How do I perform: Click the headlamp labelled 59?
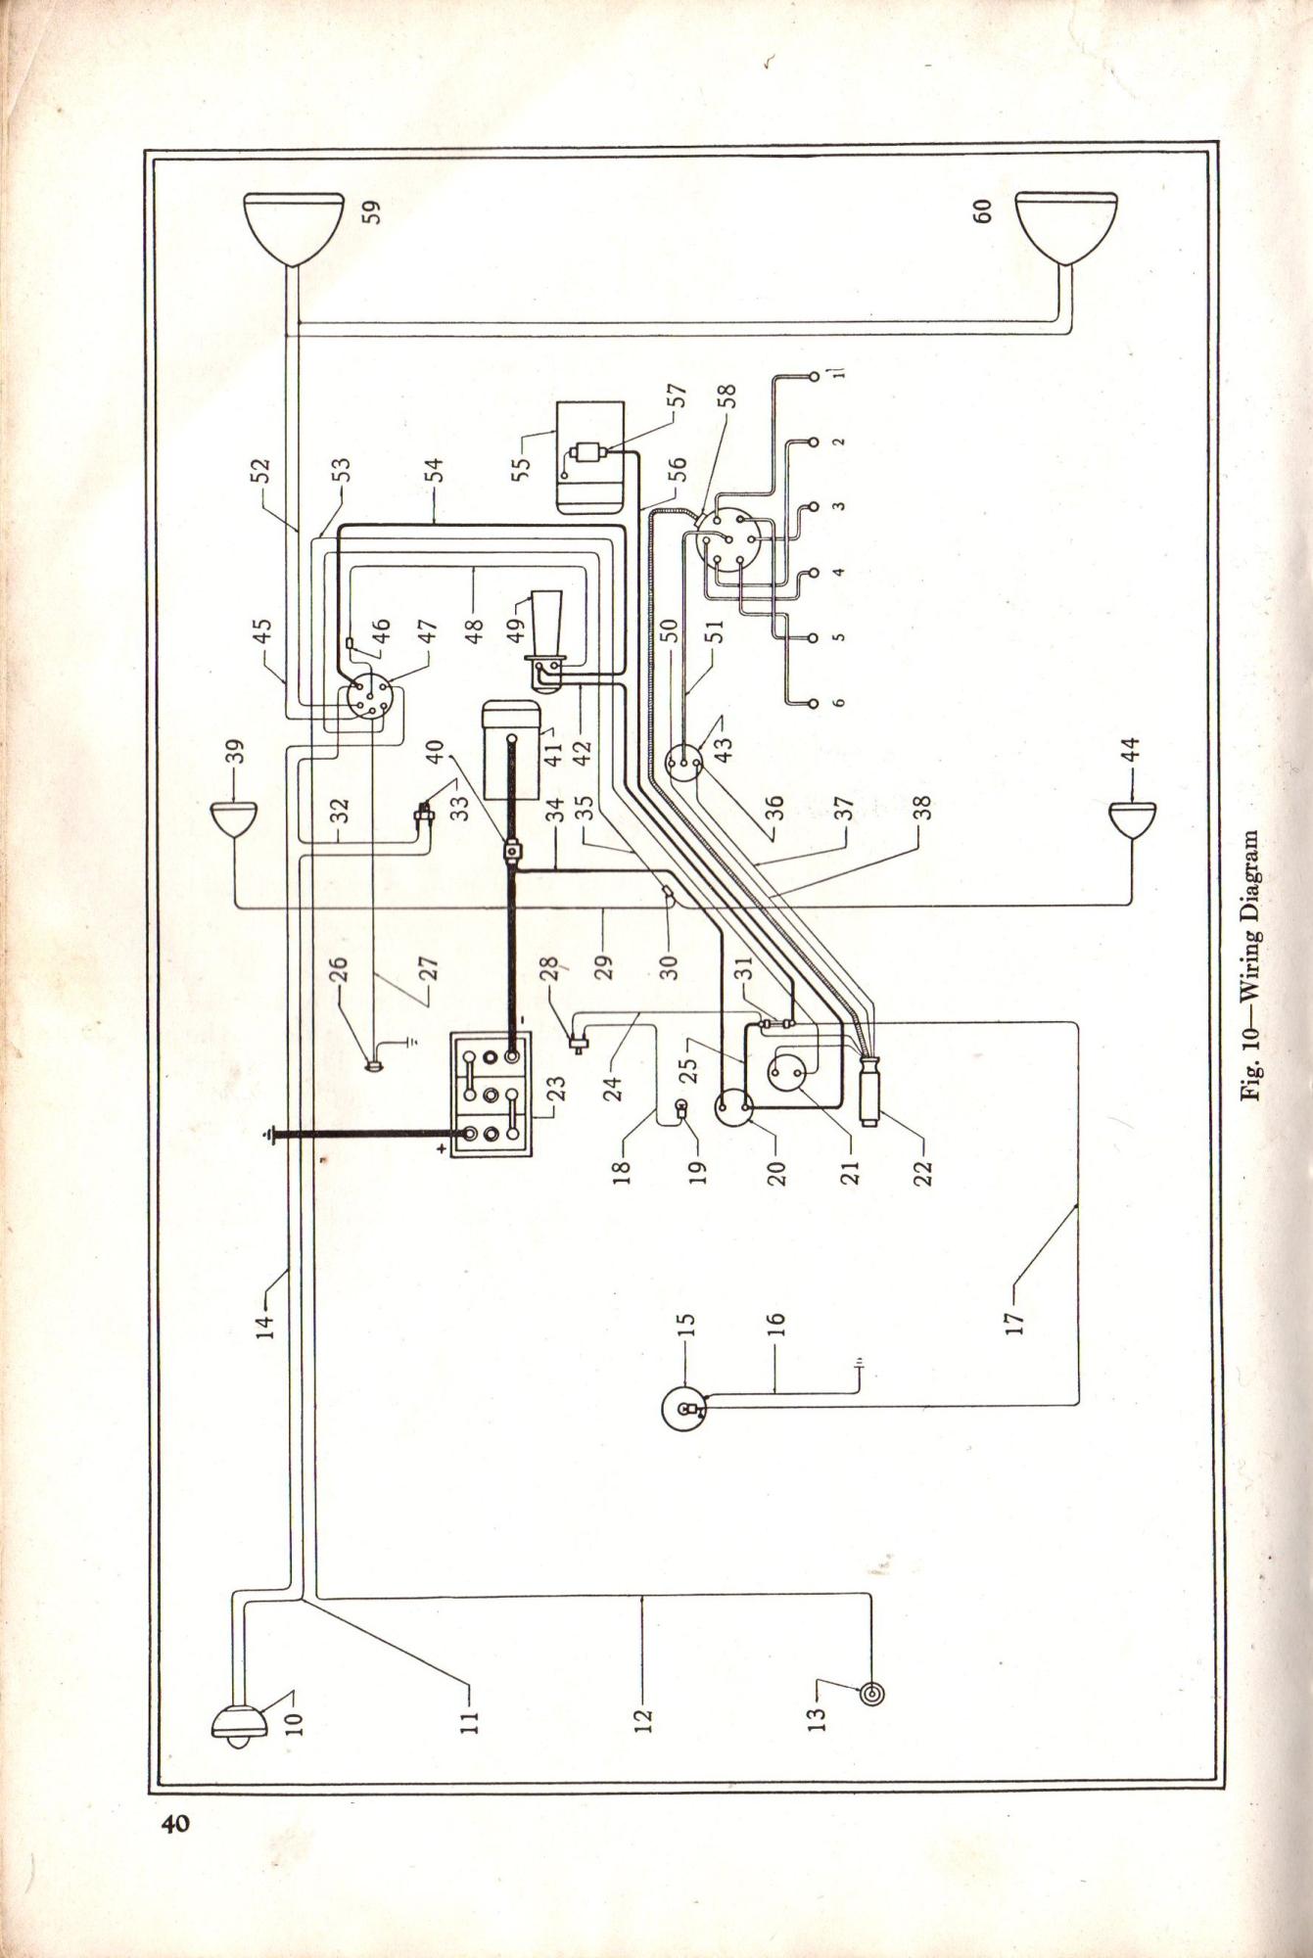pos(293,227)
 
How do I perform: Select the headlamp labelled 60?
pos(1066,227)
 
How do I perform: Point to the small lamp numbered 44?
pos(1132,819)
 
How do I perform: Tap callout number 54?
pos(437,470)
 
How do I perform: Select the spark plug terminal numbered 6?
pos(812,702)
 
